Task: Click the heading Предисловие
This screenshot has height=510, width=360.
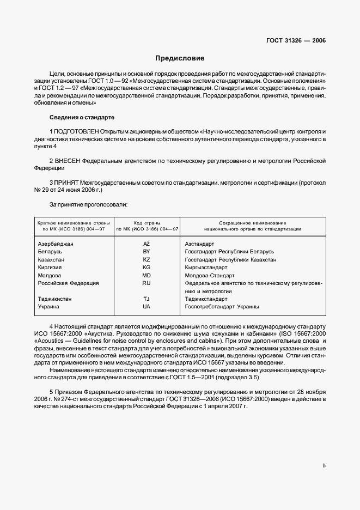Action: tap(180, 58)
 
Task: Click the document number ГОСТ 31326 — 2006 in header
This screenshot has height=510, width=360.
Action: tap(296, 41)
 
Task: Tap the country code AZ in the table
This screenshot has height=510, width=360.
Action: tap(146, 244)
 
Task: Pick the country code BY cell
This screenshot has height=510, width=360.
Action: tap(146, 252)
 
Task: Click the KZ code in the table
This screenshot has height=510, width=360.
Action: tap(146, 260)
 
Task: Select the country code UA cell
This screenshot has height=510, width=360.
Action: tap(146, 307)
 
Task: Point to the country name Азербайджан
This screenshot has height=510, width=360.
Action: tap(56, 244)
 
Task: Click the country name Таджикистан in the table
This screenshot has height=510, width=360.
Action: tap(55, 299)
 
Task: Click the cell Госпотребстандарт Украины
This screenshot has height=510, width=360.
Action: tap(222, 307)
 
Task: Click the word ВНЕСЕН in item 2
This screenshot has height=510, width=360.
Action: tap(67, 161)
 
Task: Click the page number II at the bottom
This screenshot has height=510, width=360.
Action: tap(324, 466)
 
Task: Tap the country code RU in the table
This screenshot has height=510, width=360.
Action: tap(146, 283)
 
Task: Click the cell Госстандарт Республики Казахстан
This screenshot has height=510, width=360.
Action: tap(230, 260)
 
